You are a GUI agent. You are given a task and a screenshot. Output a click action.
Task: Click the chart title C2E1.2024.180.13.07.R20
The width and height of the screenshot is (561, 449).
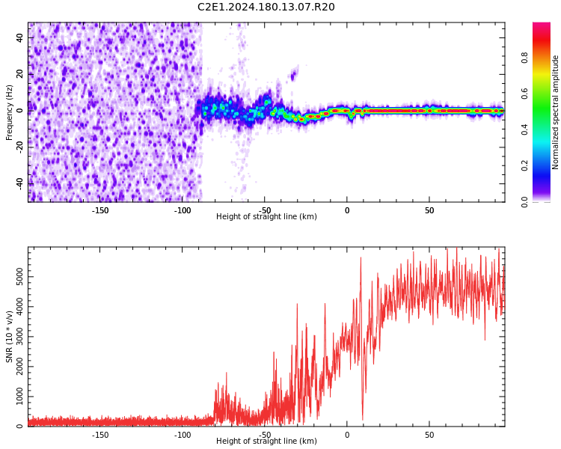point(266,7)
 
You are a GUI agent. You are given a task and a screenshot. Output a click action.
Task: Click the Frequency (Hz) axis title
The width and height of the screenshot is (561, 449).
point(10,112)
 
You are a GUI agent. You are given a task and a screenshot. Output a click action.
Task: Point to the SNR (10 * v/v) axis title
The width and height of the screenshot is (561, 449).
point(10,337)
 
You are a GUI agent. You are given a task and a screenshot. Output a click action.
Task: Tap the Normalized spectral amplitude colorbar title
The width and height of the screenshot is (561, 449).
point(556,112)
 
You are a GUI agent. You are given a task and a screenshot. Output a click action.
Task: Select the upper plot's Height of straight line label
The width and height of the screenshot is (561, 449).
point(266,217)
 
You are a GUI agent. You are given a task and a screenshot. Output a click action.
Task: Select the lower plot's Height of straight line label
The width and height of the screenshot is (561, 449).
point(266,442)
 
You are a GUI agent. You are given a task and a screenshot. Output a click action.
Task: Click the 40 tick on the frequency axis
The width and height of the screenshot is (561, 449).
point(20,37)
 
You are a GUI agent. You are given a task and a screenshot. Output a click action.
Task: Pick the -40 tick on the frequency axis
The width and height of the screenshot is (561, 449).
point(19,183)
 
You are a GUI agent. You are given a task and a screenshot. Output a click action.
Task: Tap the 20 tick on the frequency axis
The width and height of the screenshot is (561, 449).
point(20,74)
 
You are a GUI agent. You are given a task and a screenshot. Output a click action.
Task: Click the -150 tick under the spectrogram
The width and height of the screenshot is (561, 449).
point(100,210)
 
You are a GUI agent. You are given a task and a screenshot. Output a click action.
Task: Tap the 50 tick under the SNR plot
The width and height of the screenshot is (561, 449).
point(429,435)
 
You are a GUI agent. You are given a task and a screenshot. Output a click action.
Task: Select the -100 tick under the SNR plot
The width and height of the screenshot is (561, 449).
point(183,435)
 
